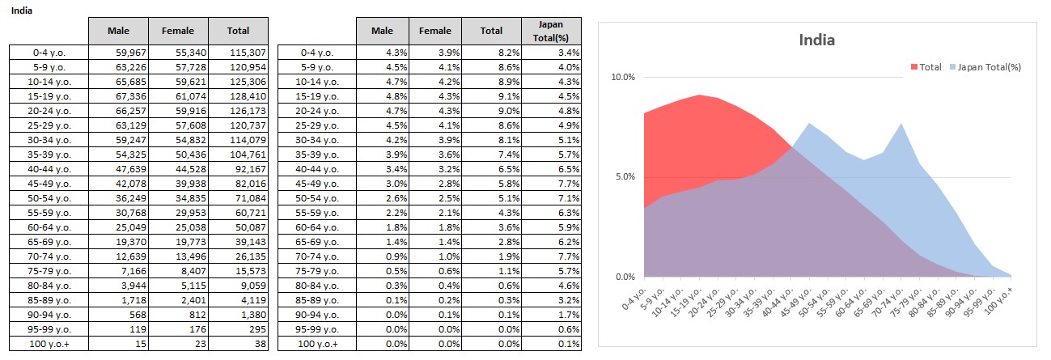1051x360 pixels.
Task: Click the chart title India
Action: pyautogui.click(x=816, y=40)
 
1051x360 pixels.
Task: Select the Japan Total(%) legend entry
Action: pyautogui.click(x=989, y=67)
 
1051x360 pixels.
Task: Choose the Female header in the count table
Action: pyautogui.click(x=177, y=31)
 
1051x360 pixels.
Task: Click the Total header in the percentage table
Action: pyautogui.click(x=491, y=31)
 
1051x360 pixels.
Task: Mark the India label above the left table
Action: pyautogui.click(x=22, y=12)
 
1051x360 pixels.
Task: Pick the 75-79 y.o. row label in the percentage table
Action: pyautogui.click(x=317, y=271)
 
